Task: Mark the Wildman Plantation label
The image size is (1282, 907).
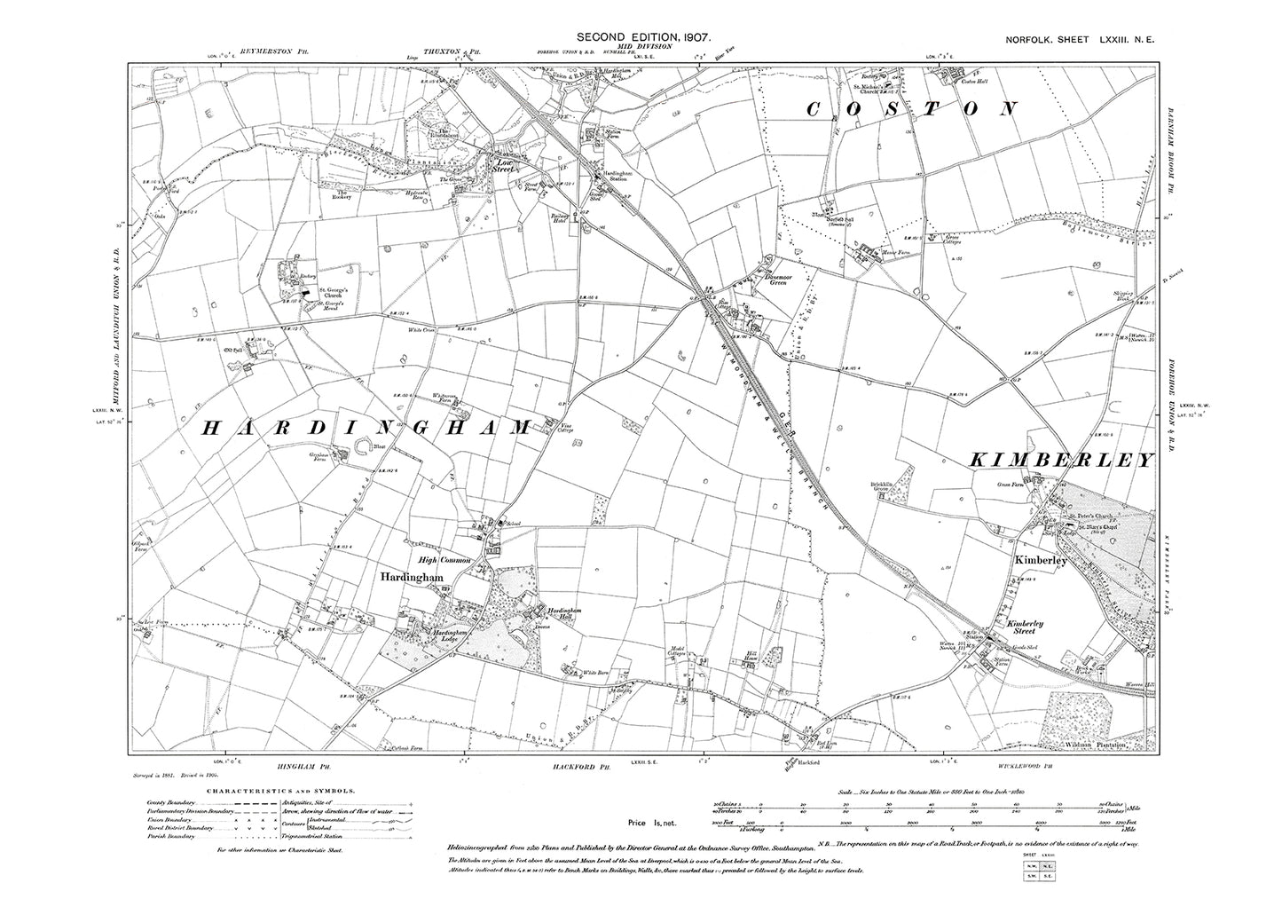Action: [1096, 745]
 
